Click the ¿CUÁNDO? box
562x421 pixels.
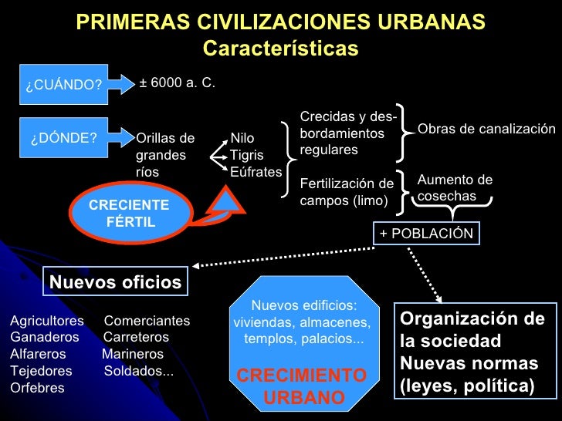(x=63, y=84)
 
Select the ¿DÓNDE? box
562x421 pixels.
(x=63, y=139)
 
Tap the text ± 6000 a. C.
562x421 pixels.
(x=177, y=82)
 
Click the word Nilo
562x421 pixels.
(x=242, y=140)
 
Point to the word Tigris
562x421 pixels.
(x=246, y=156)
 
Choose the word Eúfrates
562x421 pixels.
(x=256, y=172)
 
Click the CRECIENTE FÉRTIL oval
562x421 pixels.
(x=129, y=214)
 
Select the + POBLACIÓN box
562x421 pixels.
(x=426, y=234)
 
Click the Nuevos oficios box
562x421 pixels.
(x=115, y=282)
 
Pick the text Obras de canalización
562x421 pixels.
(x=486, y=129)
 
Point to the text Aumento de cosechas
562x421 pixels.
(x=454, y=188)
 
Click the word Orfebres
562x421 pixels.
(x=37, y=388)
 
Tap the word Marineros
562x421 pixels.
(x=133, y=354)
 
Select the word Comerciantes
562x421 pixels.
(x=147, y=321)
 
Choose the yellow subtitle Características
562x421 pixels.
(x=280, y=49)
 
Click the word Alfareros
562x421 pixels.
(x=38, y=354)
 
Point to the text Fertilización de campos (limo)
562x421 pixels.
(x=347, y=192)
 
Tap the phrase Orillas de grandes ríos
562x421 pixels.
(x=165, y=155)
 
